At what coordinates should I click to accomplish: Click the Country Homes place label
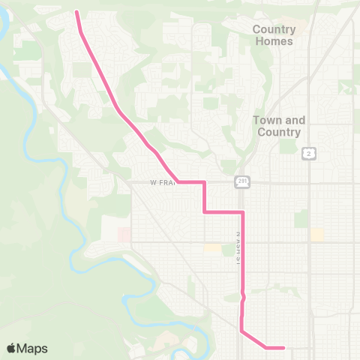(274, 35)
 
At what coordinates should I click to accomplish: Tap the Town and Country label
(277, 126)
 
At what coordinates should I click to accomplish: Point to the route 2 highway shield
(308, 154)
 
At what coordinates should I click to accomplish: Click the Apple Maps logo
(27, 348)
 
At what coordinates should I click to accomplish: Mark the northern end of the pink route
(77, 12)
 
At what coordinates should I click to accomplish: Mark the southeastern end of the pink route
(283, 347)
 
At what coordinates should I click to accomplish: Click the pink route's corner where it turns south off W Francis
(204, 182)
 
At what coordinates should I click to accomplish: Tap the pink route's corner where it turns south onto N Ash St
(242, 212)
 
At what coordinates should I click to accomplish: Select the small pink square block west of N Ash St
(123, 235)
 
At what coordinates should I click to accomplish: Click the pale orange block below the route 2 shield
(317, 234)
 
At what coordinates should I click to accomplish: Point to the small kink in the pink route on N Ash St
(243, 297)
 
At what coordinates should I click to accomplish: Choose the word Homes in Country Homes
(274, 41)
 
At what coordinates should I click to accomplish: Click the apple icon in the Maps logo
(11, 348)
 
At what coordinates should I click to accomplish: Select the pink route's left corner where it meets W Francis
(178, 182)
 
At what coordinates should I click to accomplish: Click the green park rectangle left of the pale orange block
(301, 218)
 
